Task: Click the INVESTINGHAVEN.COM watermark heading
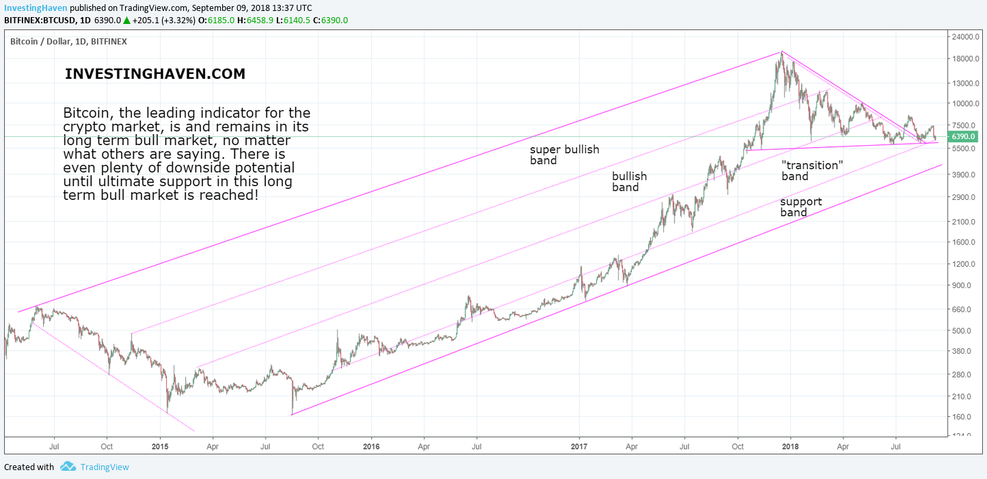click(x=155, y=75)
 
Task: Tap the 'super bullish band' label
click(x=565, y=155)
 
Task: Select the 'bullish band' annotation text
click(x=629, y=181)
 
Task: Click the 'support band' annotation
click(x=801, y=207)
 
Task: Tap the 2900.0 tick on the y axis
click(x=966, y=197)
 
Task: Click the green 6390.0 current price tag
click(x=966, y=137)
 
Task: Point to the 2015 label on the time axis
click(x=160, y=445)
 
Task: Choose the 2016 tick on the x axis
click(x=370, y=445)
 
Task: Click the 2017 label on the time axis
click(x=579, y=445)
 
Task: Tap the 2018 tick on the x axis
click(x=790, y=445)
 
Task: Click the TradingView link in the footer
click(x=104, y=467)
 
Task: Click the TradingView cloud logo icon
click(x=68, y=467)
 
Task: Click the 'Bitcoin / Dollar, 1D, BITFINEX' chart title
click(x=68, y=42)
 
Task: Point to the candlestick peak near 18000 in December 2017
click(x=781, y=54)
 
